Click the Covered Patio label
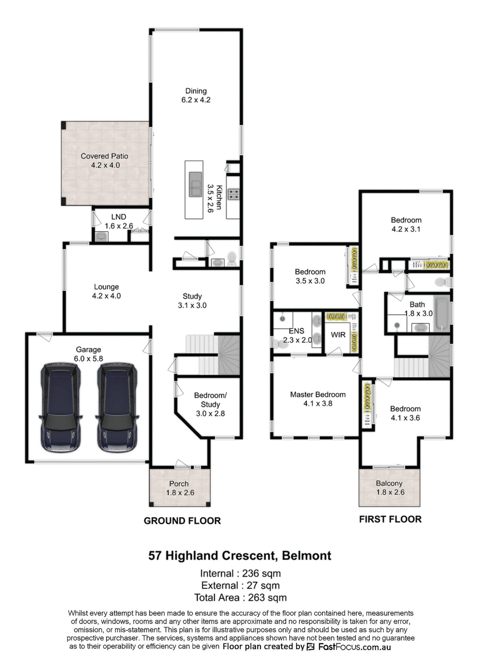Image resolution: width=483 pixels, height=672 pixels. click(104, 156)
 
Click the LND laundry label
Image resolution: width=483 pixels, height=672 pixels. click(119, 217)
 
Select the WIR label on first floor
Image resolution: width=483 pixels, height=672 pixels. click(338, 335)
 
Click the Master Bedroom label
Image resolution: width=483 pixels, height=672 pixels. click(318, 394)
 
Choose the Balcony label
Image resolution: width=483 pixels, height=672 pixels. click(389, 483)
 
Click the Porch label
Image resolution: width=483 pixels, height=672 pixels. click(179, 484)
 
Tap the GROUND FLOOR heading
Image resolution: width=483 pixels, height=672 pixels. click(182, 521)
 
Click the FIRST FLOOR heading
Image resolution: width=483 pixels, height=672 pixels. click(390, 519)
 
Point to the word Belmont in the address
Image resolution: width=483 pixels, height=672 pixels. click(306, 555)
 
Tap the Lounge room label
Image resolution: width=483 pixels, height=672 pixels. click(106, 287)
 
